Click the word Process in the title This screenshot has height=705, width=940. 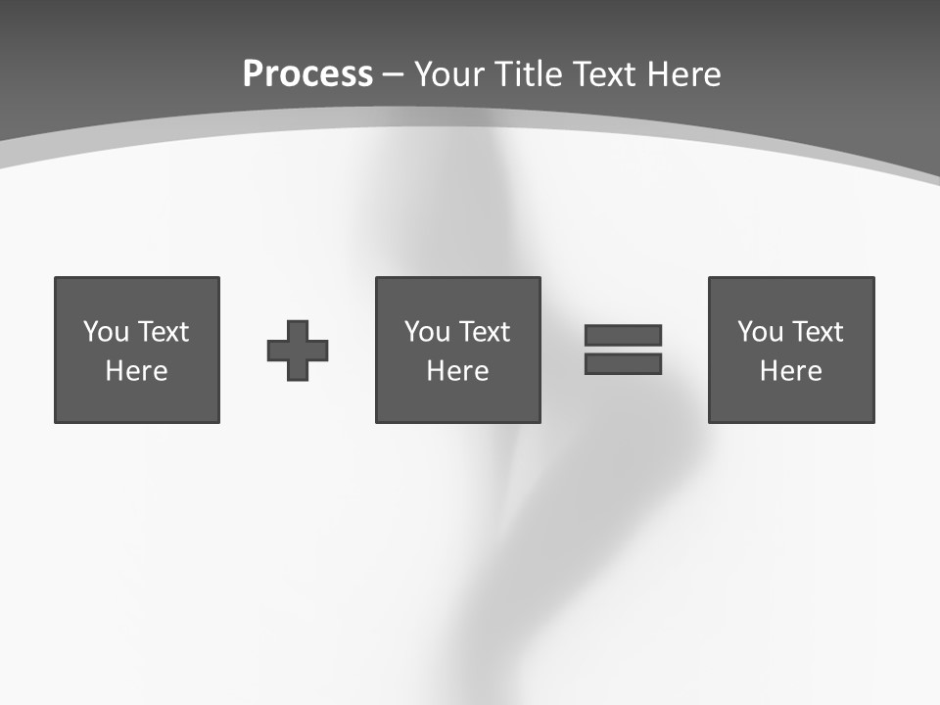click(307, 74)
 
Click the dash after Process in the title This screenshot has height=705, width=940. click(394, 75)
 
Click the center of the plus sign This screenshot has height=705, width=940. click(298, 351)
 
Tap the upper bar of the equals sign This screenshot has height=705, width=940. click(623, 335)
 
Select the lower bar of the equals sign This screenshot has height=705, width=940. click(623, 364)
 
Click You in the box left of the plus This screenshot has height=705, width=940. click(106, 332)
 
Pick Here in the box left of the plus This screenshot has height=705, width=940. click(137, 371)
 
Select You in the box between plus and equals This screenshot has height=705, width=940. click(427, 332)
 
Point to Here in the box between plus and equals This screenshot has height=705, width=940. click(458, 371)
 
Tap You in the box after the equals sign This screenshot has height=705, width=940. click(760, 332)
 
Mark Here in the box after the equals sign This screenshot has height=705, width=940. click(791, 371)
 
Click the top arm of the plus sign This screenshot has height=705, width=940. click(298, 330)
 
